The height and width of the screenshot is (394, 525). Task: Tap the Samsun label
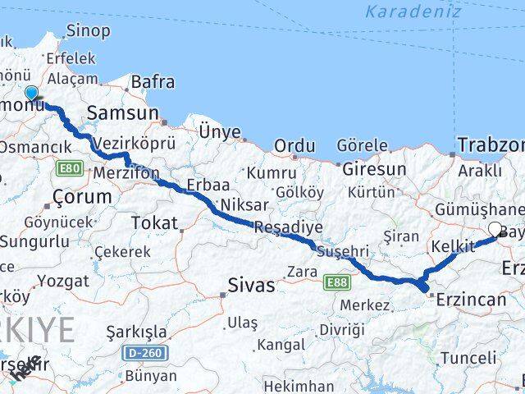point(127,112)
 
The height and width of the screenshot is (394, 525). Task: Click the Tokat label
point(154,222)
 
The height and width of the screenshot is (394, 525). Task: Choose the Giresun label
point(373,169)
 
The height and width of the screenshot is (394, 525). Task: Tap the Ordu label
point(294,146)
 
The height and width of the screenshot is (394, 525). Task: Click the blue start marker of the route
point(31,94)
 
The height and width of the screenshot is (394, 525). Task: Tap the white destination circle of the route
point(495,230)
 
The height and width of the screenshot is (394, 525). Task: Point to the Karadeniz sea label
point(402,11)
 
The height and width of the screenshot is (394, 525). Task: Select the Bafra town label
point(152,81)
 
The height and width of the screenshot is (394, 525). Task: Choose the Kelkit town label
point(453,245)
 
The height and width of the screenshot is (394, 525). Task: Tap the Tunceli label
point(468,358)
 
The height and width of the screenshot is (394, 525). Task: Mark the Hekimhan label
point(299,386)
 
